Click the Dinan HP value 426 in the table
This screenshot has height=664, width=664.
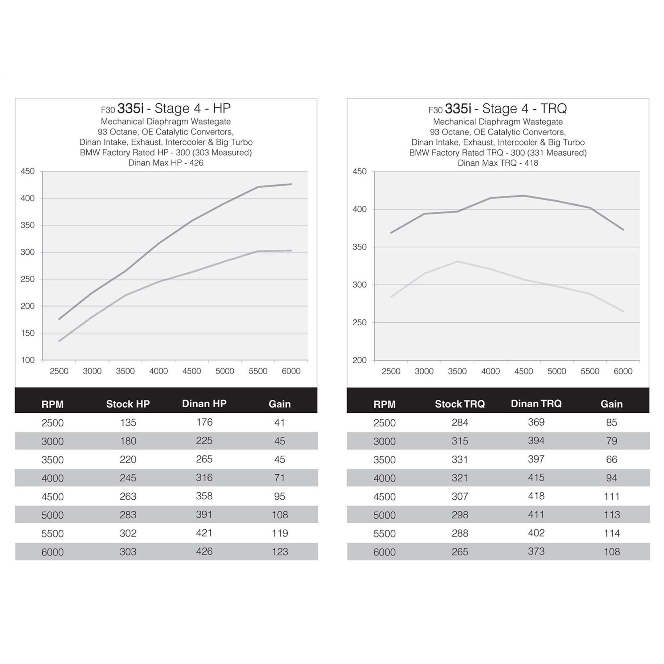204,551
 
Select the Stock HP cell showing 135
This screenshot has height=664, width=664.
128,422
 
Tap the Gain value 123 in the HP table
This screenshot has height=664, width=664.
280,551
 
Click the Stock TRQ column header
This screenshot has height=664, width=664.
459,404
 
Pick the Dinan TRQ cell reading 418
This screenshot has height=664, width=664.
536,496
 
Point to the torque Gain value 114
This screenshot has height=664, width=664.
612,533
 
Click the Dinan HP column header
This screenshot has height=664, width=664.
204,403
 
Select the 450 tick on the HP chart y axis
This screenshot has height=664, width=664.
28,171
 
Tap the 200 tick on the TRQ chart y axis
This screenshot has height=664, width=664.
360,360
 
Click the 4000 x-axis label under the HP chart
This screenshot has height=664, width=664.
158,371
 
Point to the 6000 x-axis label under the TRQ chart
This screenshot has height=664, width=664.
623,371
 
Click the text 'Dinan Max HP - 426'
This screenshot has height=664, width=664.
166,163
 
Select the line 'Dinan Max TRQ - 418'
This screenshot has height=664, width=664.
498,163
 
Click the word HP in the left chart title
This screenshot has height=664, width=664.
222,108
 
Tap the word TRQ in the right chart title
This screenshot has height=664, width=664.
553,109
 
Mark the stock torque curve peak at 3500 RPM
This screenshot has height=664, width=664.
457,262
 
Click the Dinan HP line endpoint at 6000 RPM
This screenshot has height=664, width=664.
291,184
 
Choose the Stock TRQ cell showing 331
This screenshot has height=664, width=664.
459,459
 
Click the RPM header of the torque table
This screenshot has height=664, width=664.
384,404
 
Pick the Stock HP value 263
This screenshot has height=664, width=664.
128,496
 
